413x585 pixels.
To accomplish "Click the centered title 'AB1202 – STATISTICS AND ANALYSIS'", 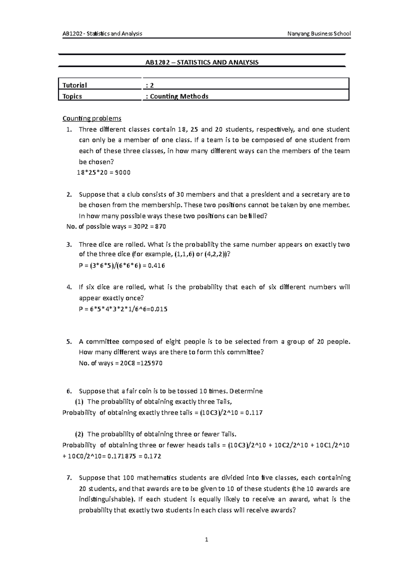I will [202, 62].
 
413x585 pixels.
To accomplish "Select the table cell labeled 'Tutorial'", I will [75, 85].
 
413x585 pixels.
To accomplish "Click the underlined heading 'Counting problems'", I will [92, 119].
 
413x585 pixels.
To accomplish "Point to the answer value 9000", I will [123, 173].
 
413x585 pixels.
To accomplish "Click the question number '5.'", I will [69, 342].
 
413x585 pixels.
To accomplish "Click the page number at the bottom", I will [206, 540].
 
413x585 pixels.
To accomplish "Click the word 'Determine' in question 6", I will [246, 391].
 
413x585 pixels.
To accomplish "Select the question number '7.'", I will [69, 478].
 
